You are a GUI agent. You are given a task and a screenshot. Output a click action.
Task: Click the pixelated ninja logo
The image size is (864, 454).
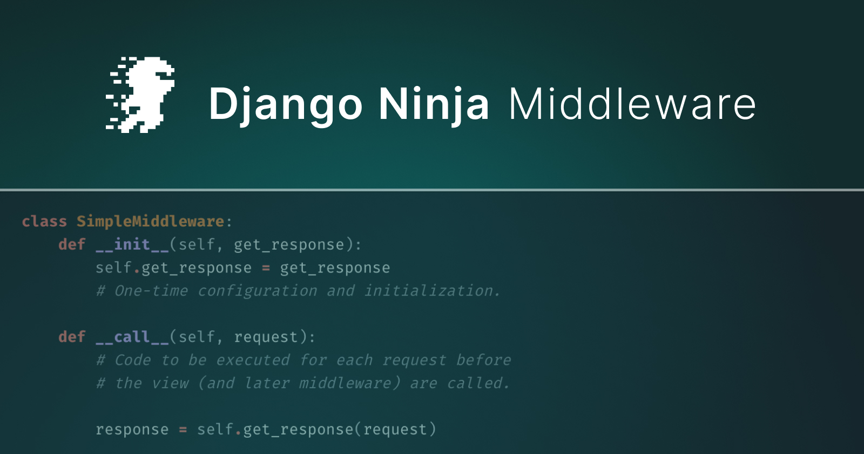pyautogui.click(x=140, y=95)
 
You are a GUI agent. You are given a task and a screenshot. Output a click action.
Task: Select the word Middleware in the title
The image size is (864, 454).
pyautogui.click(x=632, y=103)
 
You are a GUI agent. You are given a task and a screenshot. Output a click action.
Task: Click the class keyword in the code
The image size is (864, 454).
pyautogui.click(x=44, y=221)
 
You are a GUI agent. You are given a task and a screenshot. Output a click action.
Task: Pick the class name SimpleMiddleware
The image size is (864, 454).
pyautogui.click(x=151, y=222)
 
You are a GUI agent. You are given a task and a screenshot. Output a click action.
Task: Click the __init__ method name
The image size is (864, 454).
pyautogui.click(x=132, y=245)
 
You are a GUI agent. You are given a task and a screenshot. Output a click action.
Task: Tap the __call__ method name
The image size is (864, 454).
pyautogui.click(x=132, y=337)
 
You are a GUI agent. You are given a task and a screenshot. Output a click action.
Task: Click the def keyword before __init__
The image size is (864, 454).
pyautogui.click(x=72, y=244)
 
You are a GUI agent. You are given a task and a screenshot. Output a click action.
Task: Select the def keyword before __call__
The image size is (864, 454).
pyautogui.click(x=72, y=337)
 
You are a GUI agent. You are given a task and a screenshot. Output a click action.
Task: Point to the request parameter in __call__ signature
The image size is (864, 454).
pyautogui.click(x=266, y=337)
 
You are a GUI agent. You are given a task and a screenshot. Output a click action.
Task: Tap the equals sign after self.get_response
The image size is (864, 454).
pyautogui.click(x=266, y=268)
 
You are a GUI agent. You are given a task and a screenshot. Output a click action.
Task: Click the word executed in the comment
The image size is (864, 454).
pyautogui.click(x=253, y=360)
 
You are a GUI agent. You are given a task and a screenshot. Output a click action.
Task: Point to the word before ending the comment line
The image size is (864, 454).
pyautogui.click(x=484, y=359)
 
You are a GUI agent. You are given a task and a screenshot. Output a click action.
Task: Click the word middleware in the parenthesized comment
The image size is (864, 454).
pyautogui.click(x=345, y=383)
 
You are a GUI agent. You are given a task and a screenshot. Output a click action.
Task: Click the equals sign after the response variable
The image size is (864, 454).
pyautogui.click(x=183, y=430)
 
